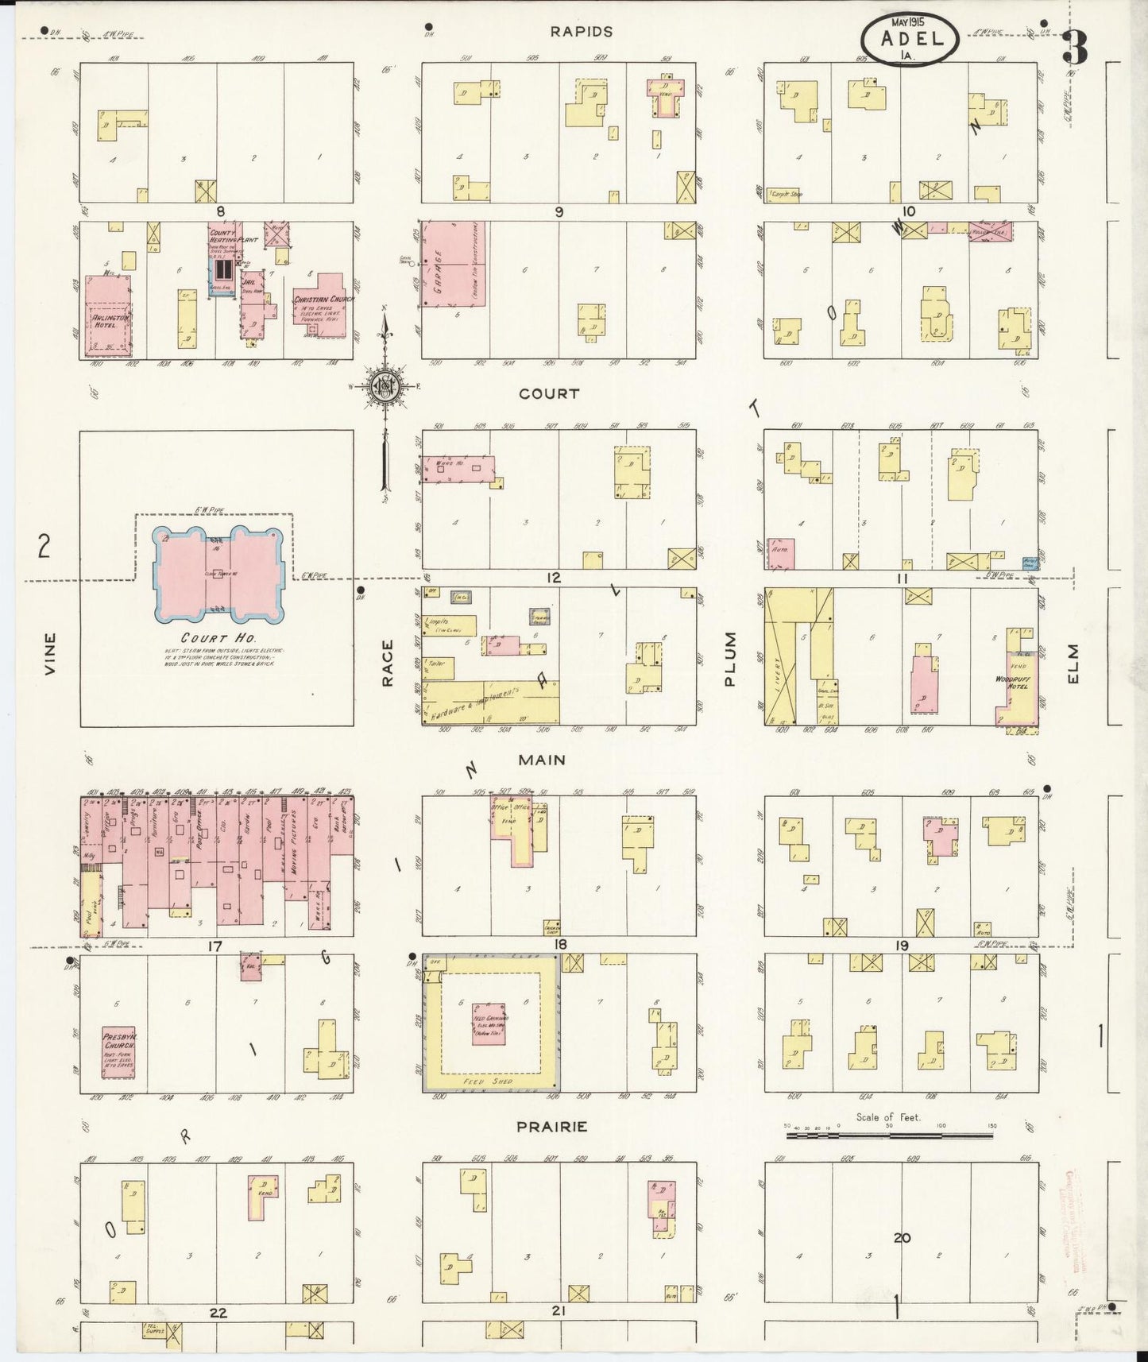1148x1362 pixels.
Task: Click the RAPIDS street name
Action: pyautogui.click(x=582, y=32)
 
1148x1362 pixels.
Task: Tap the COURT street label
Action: pyautogui.click(x=549, y=394)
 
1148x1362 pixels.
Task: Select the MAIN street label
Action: pyautogui.click(x=542, y=760)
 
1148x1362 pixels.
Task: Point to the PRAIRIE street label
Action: pyautogui.click(x=552, y=1127)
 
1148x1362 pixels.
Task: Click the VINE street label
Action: pyautogui.click(x=51, y=653)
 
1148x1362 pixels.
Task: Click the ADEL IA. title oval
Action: pyautogui.click(x=910, y=39)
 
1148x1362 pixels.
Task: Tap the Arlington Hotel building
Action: pyautogui.click(x=108, y=316)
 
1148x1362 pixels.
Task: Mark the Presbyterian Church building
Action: pyautogui.click(x=118, y=1051)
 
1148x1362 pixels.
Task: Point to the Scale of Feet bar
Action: pyautogui.click(x=890, y=1136)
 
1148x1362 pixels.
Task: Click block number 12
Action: pyautogui.click(x=553, y=578)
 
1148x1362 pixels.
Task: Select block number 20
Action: pyautogui.click(x=901, y=1237)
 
